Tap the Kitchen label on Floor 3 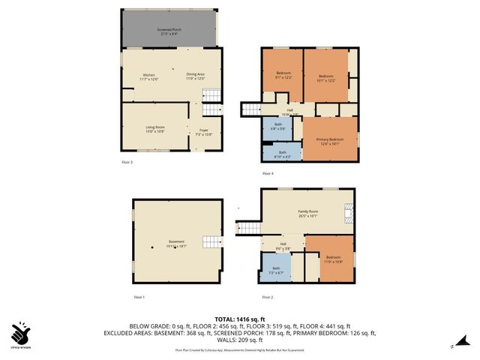pos(148,76)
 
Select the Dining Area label pos(196,76)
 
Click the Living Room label pos(155,129)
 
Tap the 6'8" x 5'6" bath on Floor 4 pos(278,127)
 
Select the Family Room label pos(307,214)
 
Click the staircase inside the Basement pos(214,241)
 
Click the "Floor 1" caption pos(139,298)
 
